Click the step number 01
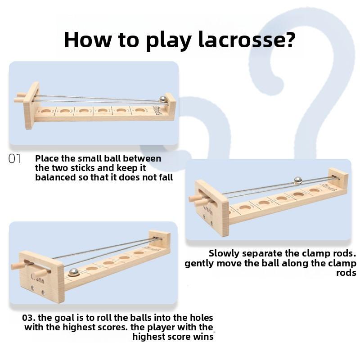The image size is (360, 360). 15,159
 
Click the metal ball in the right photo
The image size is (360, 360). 298,180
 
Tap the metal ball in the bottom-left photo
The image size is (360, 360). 73,272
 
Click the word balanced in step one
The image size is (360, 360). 55,177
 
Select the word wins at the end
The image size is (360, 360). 203,337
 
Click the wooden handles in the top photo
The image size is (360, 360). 20,97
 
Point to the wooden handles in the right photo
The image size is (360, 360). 198,199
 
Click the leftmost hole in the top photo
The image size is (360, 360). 45,110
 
